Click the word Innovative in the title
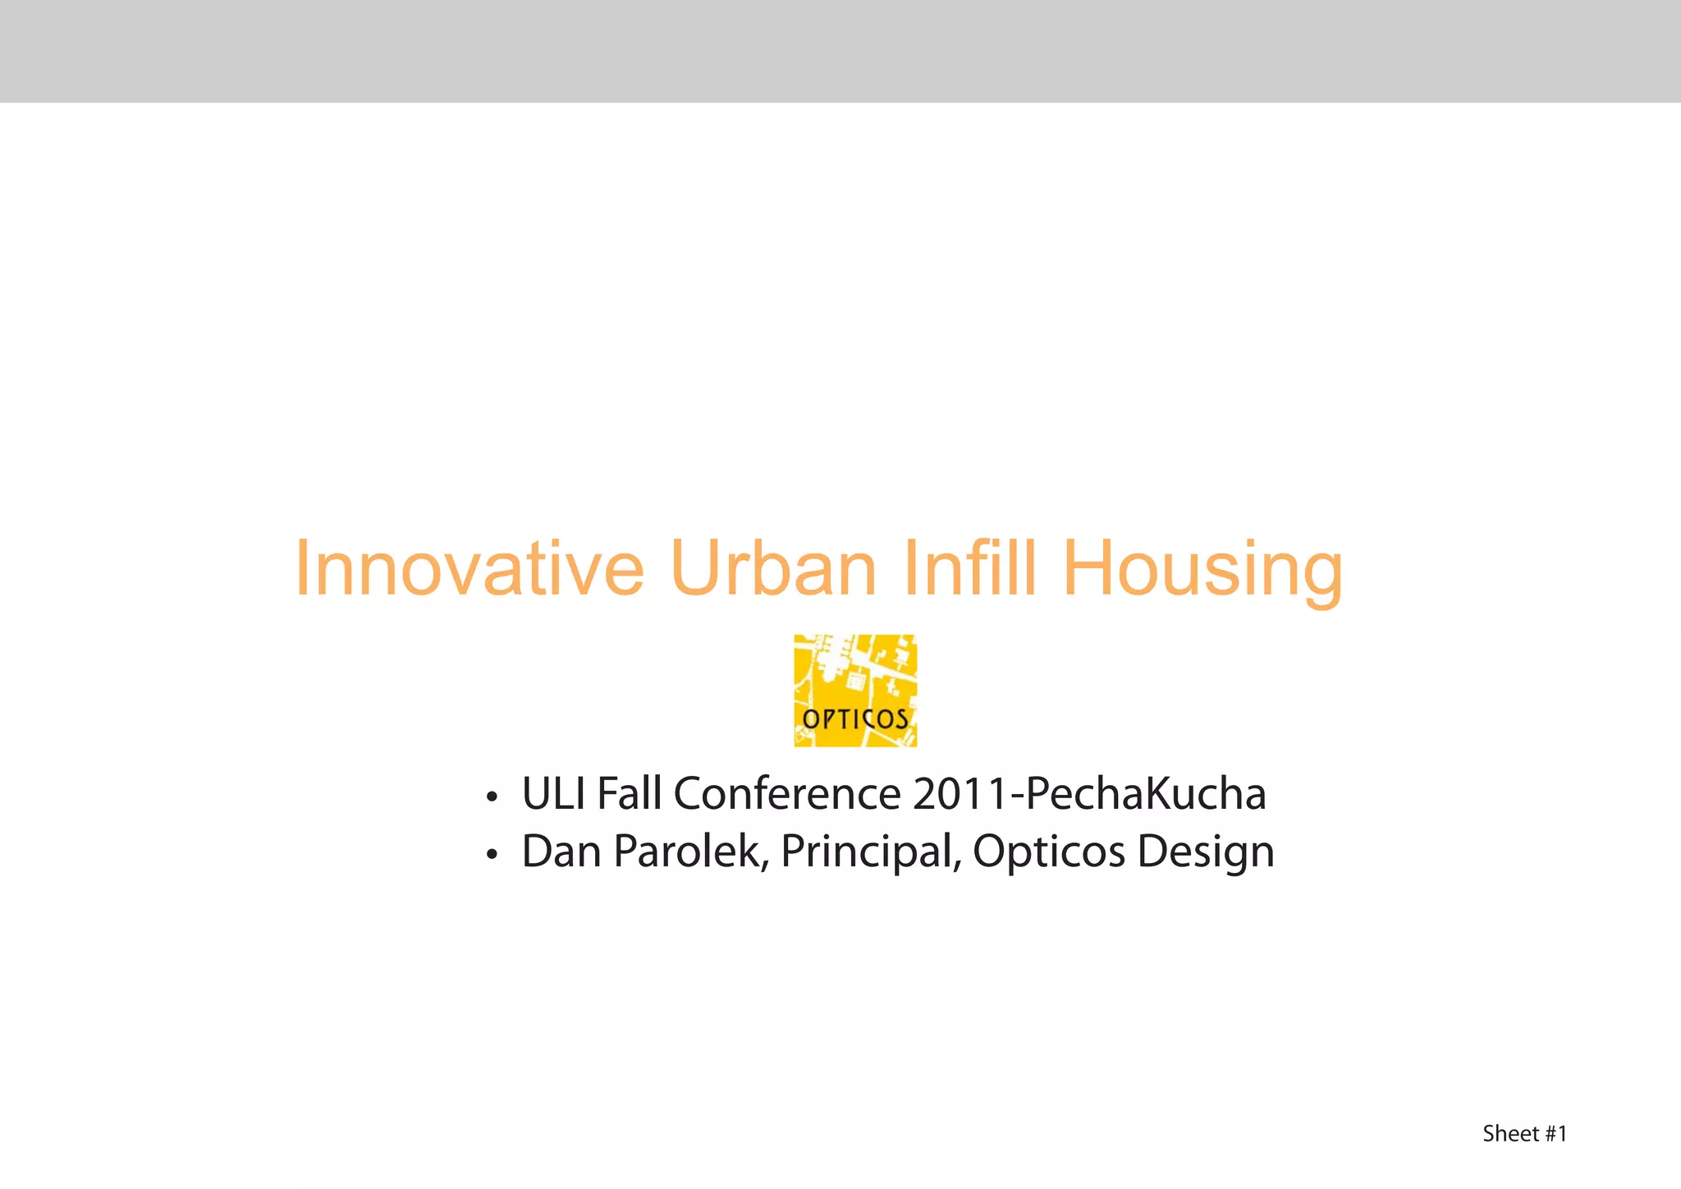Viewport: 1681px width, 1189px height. [469, 568]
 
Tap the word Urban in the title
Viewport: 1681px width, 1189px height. [773, 568]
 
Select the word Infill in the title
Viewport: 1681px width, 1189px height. [969, 568]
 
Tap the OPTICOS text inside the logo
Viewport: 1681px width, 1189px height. [855, 720]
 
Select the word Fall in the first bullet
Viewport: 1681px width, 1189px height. [629, 794]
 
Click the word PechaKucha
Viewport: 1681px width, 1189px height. [1146, 794]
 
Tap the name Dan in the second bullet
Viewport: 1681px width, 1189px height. [563, 852]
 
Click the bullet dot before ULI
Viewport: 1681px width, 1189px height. [492, 797]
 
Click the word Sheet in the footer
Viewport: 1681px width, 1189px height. [1510, 1134]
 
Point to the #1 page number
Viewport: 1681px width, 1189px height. [1556, 1134]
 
